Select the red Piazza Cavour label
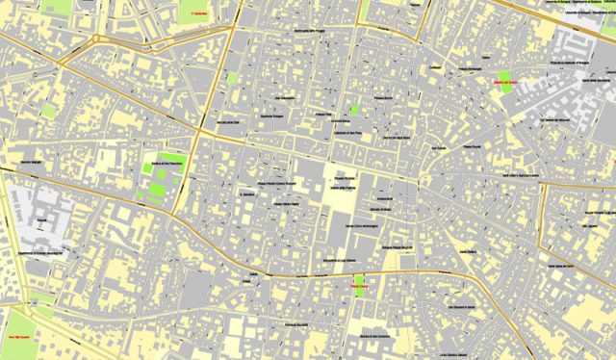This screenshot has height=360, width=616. coord(360,287)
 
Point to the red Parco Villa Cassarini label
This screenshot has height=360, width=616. coord(19,340)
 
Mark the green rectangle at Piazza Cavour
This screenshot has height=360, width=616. coord(360,284)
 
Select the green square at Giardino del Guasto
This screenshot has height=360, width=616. coord(504,77)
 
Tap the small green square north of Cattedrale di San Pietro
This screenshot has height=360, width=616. coord(354,111)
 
